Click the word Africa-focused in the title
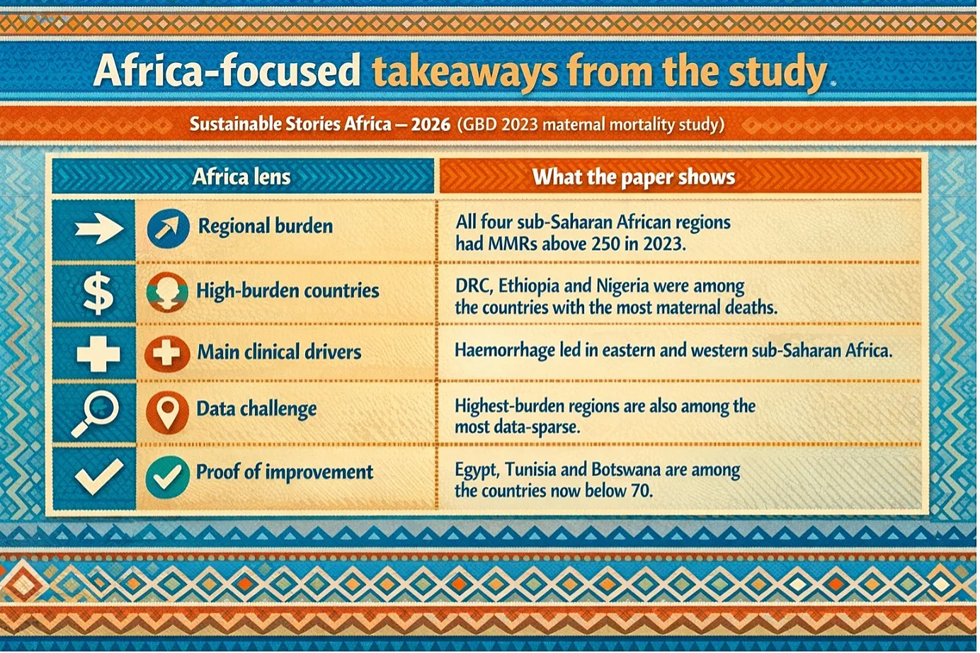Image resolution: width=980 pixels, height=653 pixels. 227,70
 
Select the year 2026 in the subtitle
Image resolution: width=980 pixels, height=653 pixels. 431,125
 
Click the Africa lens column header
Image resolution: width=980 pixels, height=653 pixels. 241,177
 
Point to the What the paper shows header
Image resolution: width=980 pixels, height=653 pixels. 634,177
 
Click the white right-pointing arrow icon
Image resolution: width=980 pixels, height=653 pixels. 99,229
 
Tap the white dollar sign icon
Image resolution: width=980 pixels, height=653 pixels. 98,293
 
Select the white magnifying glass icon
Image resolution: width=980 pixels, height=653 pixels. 95,414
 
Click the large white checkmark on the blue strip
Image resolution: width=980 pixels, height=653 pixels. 99,477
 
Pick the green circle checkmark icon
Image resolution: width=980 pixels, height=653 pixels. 167,477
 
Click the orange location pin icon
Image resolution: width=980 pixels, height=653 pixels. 168,413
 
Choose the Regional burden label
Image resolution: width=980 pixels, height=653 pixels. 266,227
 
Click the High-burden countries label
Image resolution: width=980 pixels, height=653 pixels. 288,290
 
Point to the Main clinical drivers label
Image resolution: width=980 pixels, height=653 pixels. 279,352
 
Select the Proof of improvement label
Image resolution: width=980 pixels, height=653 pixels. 285,472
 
